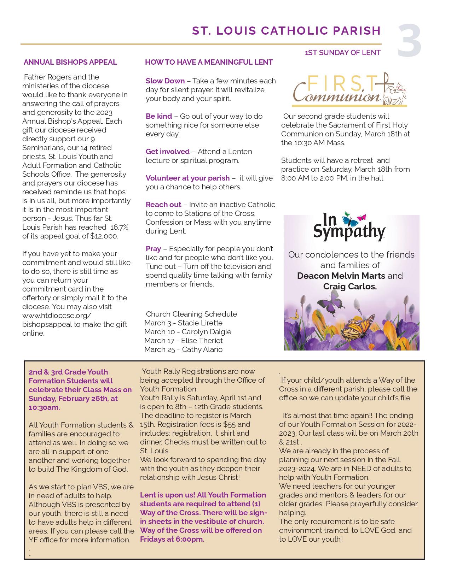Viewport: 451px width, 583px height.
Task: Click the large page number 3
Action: point(409,41)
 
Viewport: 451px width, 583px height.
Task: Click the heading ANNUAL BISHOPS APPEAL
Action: point(70,62)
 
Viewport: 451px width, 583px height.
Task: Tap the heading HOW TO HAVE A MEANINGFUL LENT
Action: point(209,62)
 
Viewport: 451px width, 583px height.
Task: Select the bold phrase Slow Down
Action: point(165,81)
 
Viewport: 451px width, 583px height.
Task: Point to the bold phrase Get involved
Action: point(167,152)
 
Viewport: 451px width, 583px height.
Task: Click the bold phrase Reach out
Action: point(163,205)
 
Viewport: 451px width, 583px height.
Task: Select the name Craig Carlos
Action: point(350,286)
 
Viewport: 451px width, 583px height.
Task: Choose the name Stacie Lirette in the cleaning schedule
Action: point(200,323)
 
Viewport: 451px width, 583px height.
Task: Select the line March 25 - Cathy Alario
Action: point(183,349)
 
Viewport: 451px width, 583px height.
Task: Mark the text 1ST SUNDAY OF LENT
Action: point(342,53)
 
